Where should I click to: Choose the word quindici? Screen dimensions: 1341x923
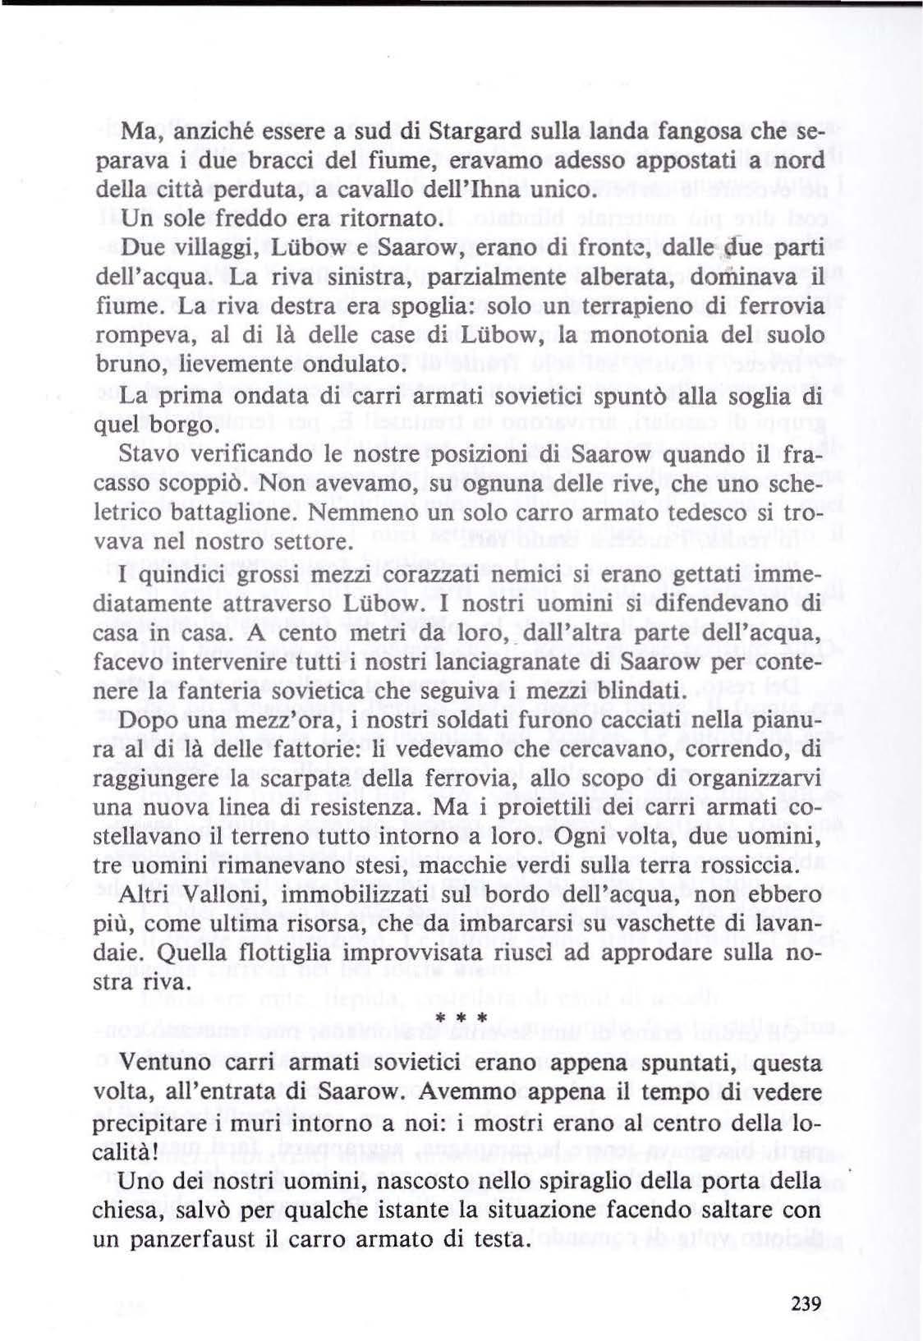(x=175, y=574)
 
